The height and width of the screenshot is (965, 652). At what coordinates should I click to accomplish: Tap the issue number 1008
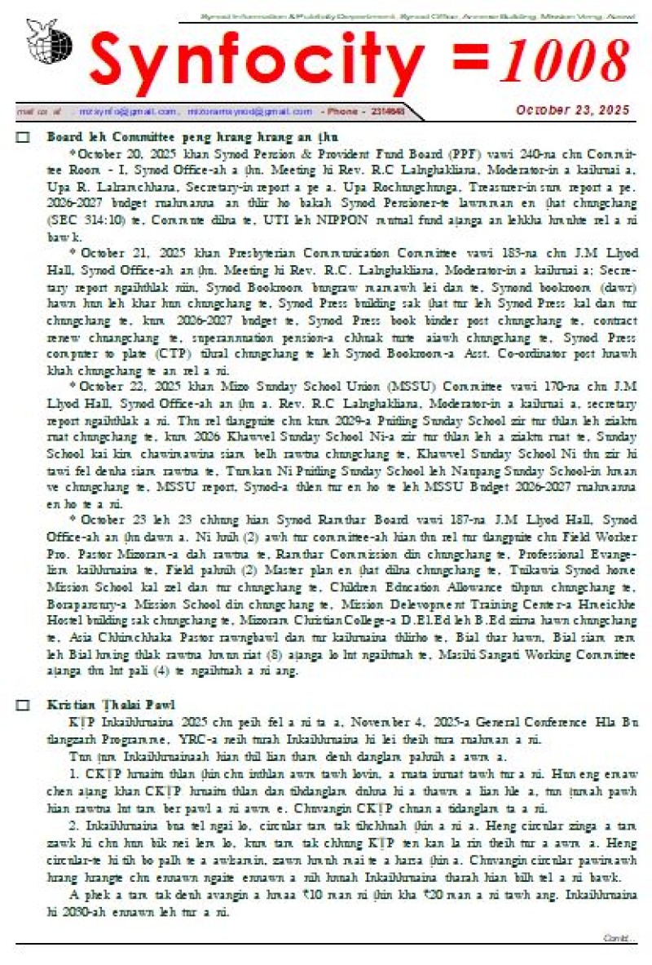pyautogui.click(x=566, y=61)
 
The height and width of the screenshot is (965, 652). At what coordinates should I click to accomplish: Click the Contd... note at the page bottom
pyautogui.click(x=619, y=938)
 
